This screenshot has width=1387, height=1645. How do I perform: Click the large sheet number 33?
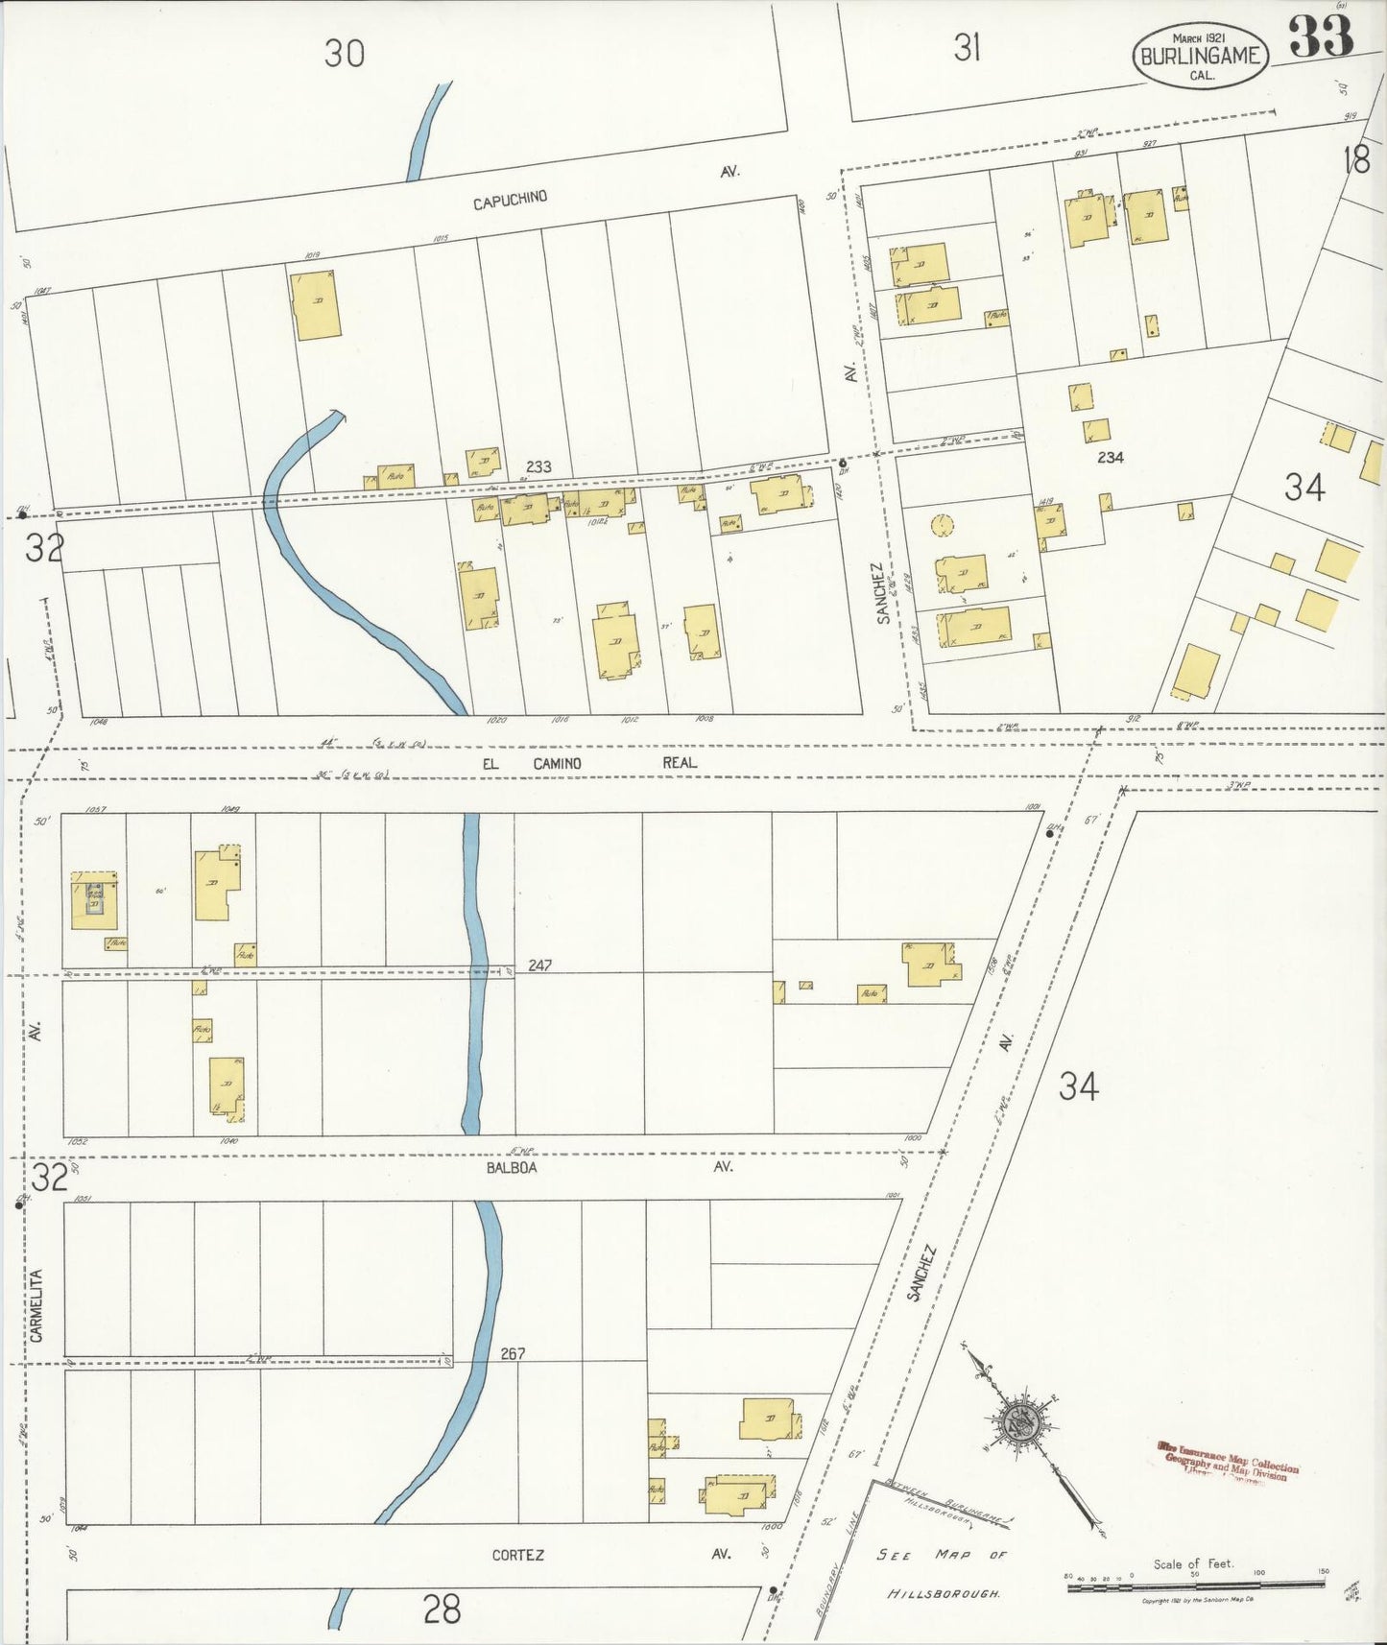1321,38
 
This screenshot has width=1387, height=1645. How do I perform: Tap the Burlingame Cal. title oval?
1200,55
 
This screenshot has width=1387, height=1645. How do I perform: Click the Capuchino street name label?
510,199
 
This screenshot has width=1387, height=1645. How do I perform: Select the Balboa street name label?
511,1168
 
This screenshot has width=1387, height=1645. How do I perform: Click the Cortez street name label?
517,1555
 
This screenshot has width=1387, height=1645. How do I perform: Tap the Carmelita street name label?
36,1303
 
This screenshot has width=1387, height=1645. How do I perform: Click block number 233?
538,466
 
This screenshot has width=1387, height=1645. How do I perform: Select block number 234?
1110,458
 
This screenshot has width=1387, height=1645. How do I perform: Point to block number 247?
539,966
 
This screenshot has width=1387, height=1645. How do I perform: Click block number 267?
513,1353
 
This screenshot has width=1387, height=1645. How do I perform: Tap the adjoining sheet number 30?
344,54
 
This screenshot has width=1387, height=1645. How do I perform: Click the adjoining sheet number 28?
442,1609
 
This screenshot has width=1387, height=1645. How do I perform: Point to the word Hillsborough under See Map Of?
943,1593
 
